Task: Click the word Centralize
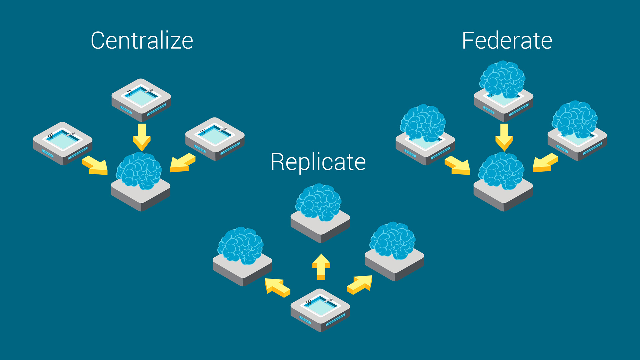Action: pyautogui.click(x=142, y=41)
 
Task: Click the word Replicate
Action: pyautogui.click(x=318, y=162)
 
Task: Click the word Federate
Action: pyautogui.click(x=507, y=41)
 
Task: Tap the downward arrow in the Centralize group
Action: pyautogui.click(x=142, y=137)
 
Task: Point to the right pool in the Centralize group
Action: pyautogui.click(x=215, y=136)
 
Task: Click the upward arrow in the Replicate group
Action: pyautogui.click(x=321, y=267)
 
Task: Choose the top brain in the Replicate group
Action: pyautogui.click(x=319, y=202)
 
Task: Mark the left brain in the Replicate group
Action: pyautogui.click(x=241, y=245)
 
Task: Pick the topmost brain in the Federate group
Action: pyautogui.click(x=502, y=79)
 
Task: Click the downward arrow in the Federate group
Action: pyautogui.click(x=504, y=137)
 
